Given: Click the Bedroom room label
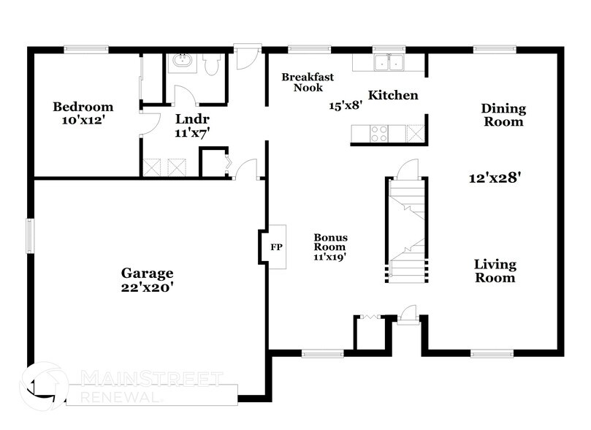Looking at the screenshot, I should pyautogui.click(x=83, y=107).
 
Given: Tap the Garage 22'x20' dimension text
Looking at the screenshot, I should pyautogui.click(x=147, y=287).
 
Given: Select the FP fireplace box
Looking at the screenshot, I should pyautogui.click(x=275, y=247).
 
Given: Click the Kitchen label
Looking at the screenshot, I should pyautogui.click(x=392, y=95).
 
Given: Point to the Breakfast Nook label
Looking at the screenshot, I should pyautogui.click(x=308, y=82).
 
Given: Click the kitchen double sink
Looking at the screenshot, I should pyautogui.click(x=389, y=63).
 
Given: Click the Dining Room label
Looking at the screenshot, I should pyautogui.click(x=502, y=115).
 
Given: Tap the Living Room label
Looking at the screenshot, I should pyautogui.click(x=495, y=271).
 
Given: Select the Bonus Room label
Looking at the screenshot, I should pyautogui.click(x=330, y=242).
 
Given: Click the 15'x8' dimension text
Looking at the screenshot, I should pyautogui.click(x=346, y=105).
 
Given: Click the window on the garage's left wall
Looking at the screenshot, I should pyautogui.click(x=30, y=235).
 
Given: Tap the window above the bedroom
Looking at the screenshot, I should pyautogui.click(x=86, y=49).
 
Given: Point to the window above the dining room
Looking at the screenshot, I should pyautogui.click(x=485, y=49).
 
